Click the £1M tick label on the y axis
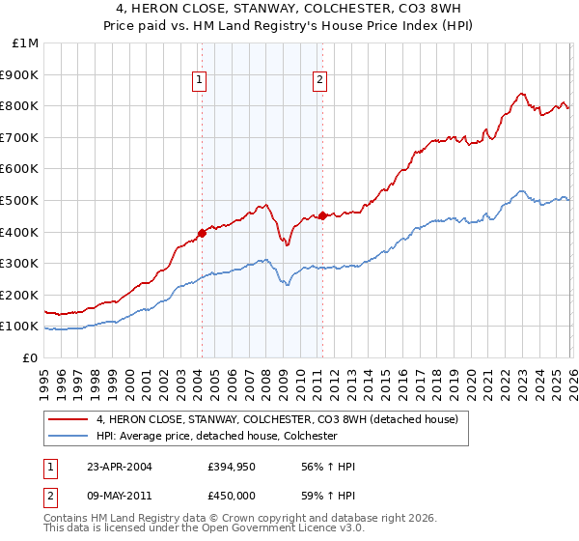(x=25, y=43)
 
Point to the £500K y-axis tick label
(x=20, y=200)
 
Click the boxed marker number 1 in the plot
(x=199, y=81)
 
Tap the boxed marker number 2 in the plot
(x=319, y=81)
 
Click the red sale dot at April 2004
(x=202, y=232)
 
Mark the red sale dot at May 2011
(x=321, y=215)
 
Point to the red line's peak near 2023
(x=521, y=94)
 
